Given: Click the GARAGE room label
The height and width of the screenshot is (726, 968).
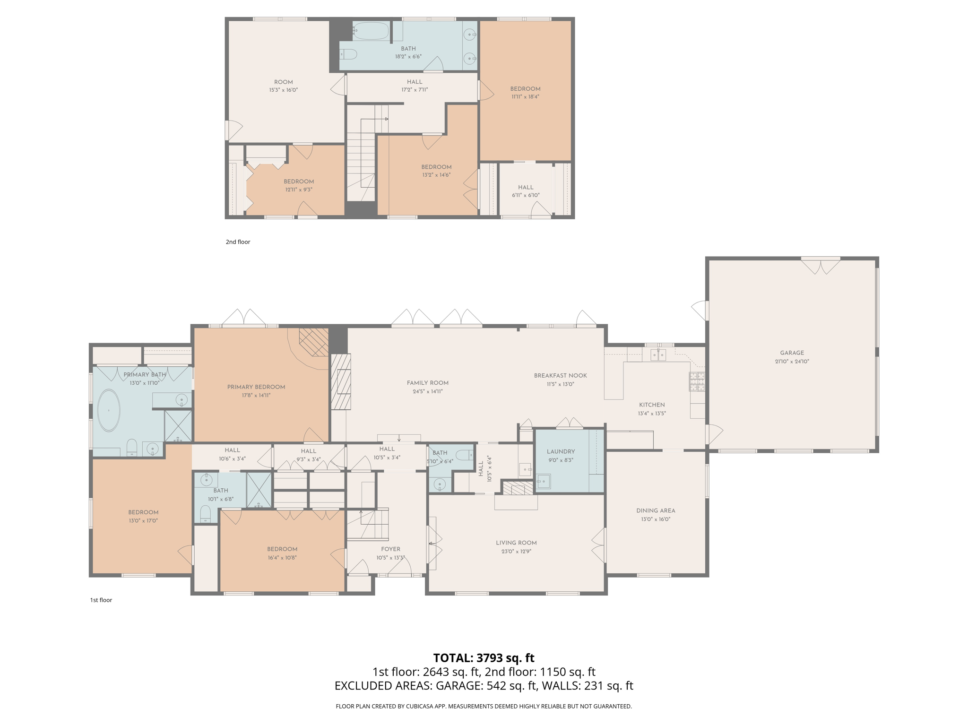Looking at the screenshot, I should click(x=792, y=353).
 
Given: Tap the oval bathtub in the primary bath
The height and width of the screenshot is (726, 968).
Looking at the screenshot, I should click(x=109, y=410).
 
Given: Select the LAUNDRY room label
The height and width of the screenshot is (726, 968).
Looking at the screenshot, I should click(x=561, y=451).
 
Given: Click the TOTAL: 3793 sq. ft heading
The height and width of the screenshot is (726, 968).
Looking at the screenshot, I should click(x=484, y=657).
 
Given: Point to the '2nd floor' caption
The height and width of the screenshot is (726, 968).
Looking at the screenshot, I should click(x=238, y=242).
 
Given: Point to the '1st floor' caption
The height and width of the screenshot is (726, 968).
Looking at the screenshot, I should click(x=101, y=600).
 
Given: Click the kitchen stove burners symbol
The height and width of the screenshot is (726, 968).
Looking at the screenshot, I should click(x=697, y=381).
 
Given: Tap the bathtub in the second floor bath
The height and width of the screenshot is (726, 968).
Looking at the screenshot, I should click(x=371, y=32).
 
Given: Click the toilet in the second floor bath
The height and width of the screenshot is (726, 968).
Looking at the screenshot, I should click(x=348, y=54).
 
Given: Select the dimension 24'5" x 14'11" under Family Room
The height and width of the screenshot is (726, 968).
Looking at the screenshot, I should click(x=427, y=391).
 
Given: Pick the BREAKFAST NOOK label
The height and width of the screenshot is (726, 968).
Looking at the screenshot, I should click(x=560, y=375).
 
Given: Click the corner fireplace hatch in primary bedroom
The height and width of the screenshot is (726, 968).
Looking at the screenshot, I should click(x=314, y=342).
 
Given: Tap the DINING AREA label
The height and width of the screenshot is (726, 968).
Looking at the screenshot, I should click(x=656, y=510).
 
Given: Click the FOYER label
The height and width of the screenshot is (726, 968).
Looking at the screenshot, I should click(x=390, y=549).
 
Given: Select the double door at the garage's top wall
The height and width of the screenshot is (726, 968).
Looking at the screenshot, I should click(x=821, y=266).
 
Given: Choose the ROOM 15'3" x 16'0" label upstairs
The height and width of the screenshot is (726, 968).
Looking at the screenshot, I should click(x=284, y=86).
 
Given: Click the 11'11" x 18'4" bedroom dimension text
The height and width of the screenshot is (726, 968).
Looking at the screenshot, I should click(x=525, y=96).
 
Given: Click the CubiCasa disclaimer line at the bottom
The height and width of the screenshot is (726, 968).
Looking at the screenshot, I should click(x=484, y=706).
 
